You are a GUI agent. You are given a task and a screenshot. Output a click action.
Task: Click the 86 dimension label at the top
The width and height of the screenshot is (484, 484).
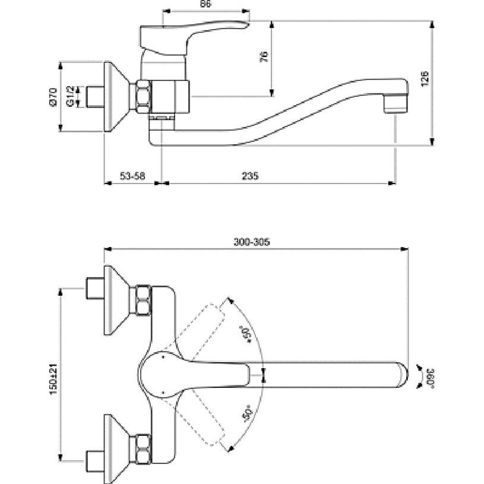click(205, 4)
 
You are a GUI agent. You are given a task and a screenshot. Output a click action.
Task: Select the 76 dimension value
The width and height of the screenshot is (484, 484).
click(264, 57)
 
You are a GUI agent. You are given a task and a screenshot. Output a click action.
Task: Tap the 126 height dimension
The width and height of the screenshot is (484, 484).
click(425, 79)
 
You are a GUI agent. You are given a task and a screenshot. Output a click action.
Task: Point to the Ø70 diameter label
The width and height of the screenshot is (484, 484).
click(53, 97)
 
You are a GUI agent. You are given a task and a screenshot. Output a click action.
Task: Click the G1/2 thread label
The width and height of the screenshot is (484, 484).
click(71, 97)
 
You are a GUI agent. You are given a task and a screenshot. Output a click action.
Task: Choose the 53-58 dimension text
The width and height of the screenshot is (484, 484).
click(132, 176)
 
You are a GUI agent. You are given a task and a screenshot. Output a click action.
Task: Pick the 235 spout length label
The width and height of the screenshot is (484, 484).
click(250, 176)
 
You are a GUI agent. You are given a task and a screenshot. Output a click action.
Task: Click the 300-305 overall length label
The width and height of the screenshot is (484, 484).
click(252, 242)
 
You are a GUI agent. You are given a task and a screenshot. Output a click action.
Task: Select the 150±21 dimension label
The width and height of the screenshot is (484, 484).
click(53, 379)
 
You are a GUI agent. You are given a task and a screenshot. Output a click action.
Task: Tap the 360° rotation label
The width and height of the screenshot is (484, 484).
click(430, 378)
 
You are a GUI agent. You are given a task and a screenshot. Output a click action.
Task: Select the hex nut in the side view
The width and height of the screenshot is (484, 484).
click(144, 97)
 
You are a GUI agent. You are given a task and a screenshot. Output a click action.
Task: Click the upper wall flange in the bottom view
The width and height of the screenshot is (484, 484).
click(116, 300)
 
